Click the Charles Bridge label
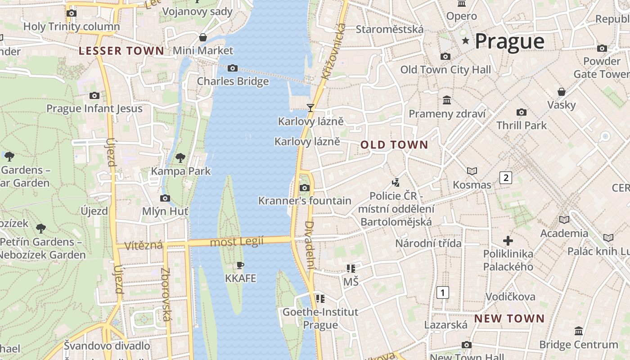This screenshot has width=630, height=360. [233, 81]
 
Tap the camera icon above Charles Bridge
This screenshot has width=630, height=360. [232, 68]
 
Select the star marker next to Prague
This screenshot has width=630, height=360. [465, 41]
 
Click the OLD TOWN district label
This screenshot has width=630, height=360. [394, 145]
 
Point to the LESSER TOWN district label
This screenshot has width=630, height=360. [121, 51]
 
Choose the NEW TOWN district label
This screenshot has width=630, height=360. [509, 319]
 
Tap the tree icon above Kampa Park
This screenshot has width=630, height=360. [180, 157]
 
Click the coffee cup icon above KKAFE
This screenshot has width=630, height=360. [240, 265]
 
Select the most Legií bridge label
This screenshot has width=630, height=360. [237, 242]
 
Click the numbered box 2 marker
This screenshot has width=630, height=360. [506, 177]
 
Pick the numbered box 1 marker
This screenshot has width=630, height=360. [443, 293]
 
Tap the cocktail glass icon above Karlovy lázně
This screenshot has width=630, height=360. [310, 108]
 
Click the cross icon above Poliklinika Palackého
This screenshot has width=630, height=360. [508, 241]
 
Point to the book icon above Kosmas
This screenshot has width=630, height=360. [472, 171]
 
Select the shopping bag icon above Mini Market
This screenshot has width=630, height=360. [203, 37]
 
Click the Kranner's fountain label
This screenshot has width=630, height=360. [305, 201]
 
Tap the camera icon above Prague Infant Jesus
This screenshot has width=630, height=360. [94, 95]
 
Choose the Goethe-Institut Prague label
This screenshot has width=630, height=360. [320, 318]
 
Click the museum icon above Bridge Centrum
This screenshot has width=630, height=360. [579, 331]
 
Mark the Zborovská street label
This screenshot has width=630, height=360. [166, 295]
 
